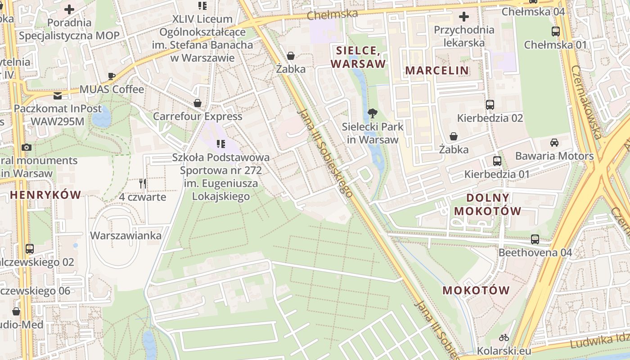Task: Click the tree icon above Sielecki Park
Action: (x=372, y=113)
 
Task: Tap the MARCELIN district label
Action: (x=437, y=71)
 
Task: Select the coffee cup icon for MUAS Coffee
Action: (x=112, y=76)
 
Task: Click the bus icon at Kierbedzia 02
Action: (x=490, y=105)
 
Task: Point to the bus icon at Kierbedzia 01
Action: (x=497, y=161)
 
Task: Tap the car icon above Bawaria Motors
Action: (x=554, y=143)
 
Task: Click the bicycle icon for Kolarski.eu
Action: (x=504, y=337)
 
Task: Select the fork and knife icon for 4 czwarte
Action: (x=143, y=184)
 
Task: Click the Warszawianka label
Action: (x=126, y=236)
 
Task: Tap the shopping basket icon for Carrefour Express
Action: (x=197, y=103)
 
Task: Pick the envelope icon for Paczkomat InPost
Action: (x=58, y=95)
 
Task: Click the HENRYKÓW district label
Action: (x=45, y=195)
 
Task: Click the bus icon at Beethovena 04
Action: (x=535, y=239)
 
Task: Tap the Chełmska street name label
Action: (x=333, y=14)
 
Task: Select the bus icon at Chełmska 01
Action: (x=556, y=31)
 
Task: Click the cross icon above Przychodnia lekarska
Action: (x=463, y=17)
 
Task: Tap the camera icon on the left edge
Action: (x=27, y=147)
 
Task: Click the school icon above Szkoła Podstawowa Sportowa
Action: (x=220, y=144)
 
